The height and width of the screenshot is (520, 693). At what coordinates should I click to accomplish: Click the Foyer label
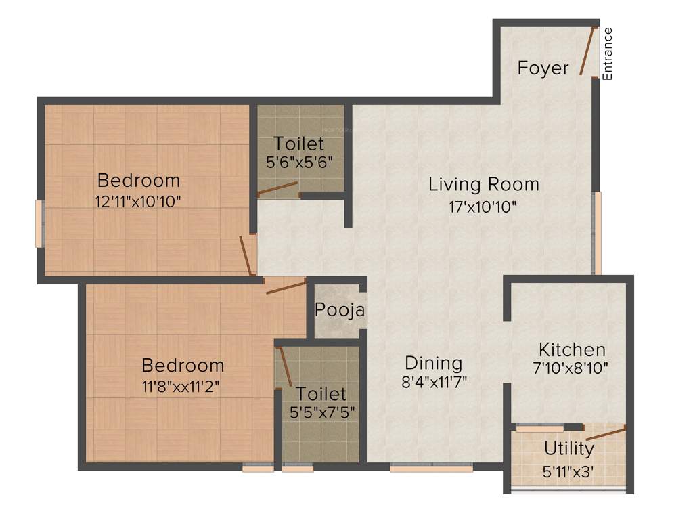tap(543, 68)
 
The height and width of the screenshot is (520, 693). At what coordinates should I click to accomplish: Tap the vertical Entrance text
tap(607, 53)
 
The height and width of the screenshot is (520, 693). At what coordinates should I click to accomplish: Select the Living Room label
tap(484, 184)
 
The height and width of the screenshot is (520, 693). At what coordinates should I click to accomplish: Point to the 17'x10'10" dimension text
tap(483, 207)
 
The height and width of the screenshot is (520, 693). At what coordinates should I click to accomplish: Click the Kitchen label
tap(572, 350)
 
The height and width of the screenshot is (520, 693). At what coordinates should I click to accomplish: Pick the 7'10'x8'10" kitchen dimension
tap(571, 368)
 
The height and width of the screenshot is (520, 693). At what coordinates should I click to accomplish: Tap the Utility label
tap(569, 448)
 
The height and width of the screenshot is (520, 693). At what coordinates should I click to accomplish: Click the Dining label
tap(433, 363)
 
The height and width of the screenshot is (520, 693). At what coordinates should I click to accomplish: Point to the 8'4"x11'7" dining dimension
tap(434, 381)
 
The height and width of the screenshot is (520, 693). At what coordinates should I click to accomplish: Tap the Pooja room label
tap(340, 311)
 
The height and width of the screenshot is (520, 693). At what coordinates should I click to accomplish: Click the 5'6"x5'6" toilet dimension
tap(299, 162)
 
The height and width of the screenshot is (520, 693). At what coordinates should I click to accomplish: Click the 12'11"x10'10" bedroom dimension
tap(139, 201)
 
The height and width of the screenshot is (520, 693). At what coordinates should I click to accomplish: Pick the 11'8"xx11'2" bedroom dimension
tap(182, 386)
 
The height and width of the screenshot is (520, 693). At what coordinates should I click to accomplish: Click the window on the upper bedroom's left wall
tap(41, 223)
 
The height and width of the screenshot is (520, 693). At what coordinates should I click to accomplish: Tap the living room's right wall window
tap(597, 233)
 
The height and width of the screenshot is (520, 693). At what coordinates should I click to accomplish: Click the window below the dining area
tap(431, 467)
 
